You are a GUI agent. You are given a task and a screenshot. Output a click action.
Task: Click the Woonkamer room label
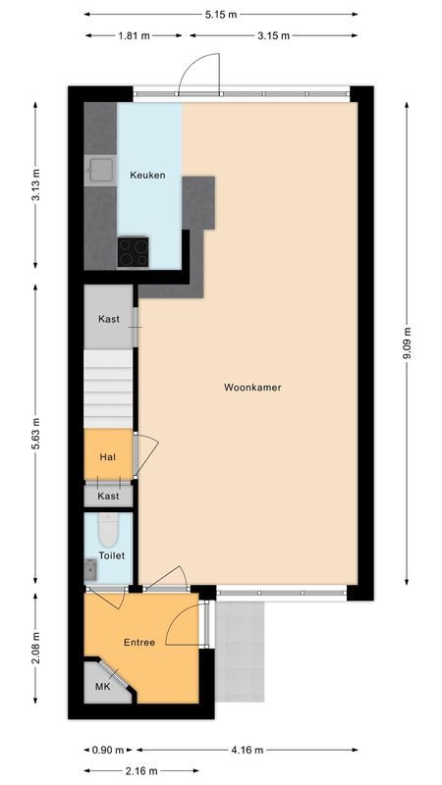[x=252, y=387]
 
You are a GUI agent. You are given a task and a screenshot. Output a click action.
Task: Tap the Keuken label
[x=148, y=176]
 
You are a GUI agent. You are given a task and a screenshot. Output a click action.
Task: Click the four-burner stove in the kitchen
[x=134, y=252]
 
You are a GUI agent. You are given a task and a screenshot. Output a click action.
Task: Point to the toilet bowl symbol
[x=109, y=530]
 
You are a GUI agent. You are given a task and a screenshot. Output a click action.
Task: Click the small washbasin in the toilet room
[x=90, y=570]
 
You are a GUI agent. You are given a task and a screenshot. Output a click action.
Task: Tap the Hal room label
[x=108, y=457]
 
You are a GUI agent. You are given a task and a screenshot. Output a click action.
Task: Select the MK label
[x=102, y=686]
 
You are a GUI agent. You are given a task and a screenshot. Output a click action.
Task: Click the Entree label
[x=139, y=643]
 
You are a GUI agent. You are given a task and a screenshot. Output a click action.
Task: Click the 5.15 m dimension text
[x=220, y=15]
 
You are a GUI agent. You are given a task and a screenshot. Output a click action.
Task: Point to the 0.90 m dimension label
[x=108, y=750]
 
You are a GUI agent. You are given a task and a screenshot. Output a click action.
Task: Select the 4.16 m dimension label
[x=247, y=750]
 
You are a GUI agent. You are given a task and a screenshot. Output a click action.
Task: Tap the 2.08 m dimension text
[x=35, y=649]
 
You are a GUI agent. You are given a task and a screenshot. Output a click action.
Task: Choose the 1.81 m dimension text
[x=136, y=35]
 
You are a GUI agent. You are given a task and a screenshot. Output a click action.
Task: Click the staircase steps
[x=108, y=389]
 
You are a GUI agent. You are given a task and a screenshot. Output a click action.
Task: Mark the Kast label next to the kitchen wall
[x=109, y=318]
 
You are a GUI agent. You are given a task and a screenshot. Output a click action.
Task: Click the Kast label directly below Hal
[x=109, y=496]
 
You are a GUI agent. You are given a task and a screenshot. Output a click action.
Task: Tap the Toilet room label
[x=112, y=555]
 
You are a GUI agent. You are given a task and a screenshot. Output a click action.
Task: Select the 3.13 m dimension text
[x=35, y=185]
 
